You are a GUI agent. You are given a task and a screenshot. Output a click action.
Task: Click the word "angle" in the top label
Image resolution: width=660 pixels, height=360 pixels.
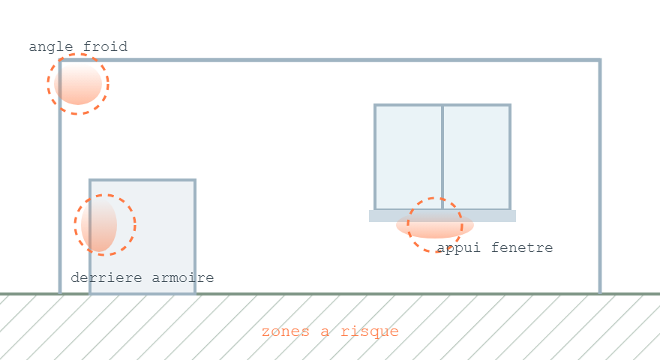point(50,47)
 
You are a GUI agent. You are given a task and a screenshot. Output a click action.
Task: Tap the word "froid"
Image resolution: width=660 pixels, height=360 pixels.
point(105,46)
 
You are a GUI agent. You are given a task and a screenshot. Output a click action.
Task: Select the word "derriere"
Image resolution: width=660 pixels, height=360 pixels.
point(106,277)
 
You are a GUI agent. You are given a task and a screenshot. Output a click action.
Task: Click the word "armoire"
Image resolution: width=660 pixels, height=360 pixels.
point(183,277)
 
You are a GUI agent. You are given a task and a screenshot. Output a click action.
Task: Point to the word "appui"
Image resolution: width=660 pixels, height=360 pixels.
point(458,248)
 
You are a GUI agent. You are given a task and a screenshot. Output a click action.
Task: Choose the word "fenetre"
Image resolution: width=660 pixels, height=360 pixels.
point(522,247)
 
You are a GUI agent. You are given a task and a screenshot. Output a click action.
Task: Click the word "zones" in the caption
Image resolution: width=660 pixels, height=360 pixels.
point(286,331)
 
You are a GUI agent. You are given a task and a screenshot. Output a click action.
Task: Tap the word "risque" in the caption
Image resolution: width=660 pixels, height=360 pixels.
point(370,331)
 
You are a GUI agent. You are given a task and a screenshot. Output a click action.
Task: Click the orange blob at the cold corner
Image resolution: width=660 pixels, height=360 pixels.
point(78,83)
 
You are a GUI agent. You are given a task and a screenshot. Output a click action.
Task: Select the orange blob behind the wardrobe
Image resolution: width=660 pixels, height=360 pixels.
point(99,225)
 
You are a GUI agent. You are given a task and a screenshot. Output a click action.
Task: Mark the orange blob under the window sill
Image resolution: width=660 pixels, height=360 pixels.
point(435,224)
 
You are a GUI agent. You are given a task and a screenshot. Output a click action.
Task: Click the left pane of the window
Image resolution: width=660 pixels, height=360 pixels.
point(408,157)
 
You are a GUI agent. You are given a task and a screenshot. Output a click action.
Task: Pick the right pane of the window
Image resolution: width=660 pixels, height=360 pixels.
point(476,157)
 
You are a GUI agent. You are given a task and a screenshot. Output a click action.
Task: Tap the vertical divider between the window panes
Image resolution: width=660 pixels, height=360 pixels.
point(442,157)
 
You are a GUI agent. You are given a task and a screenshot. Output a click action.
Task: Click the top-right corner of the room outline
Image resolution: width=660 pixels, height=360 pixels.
point(600,60)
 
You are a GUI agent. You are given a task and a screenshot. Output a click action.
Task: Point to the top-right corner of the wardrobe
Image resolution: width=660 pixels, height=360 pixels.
point(195,181)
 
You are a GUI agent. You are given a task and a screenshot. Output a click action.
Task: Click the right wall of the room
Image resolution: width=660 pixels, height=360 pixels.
point(600,177)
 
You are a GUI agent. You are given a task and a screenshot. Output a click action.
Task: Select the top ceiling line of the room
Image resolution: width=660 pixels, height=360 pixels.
point(330,60)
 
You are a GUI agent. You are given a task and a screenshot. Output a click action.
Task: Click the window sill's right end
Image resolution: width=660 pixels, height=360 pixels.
point(516,216)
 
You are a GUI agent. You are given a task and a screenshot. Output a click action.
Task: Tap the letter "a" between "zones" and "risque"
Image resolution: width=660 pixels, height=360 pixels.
point(325,332)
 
